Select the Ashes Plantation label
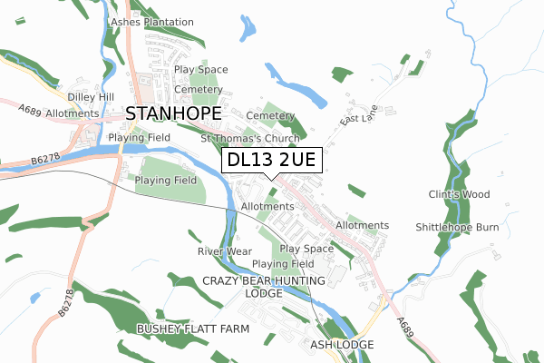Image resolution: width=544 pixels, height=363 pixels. tap(151, 22)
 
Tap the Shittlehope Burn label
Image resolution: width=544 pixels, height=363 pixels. tap(457, 227)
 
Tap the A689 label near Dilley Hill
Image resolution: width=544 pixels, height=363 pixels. tap(32, 109)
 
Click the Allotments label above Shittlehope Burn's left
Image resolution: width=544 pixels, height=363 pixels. tap(362, 225)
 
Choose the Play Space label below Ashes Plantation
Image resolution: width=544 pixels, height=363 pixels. tap(200, 69)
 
